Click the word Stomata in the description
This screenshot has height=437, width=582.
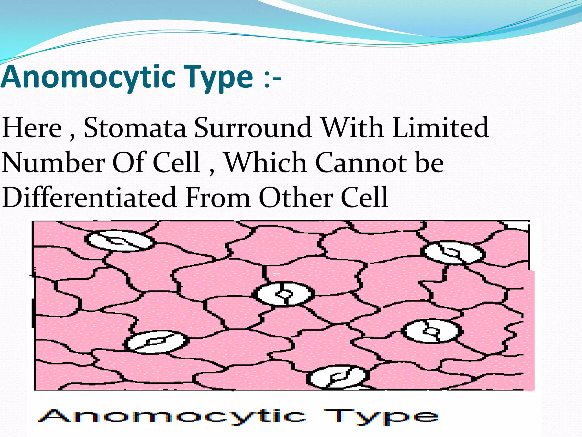(x=135, y=128)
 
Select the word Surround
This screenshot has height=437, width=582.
(x=253, y=128)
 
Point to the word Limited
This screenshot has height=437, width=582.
(x=440, y=128)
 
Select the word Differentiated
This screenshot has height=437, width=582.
(x=89, y=197)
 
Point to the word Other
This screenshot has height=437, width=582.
(x=296, y=197)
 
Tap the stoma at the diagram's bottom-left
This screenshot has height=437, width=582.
(x=156, y=342)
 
